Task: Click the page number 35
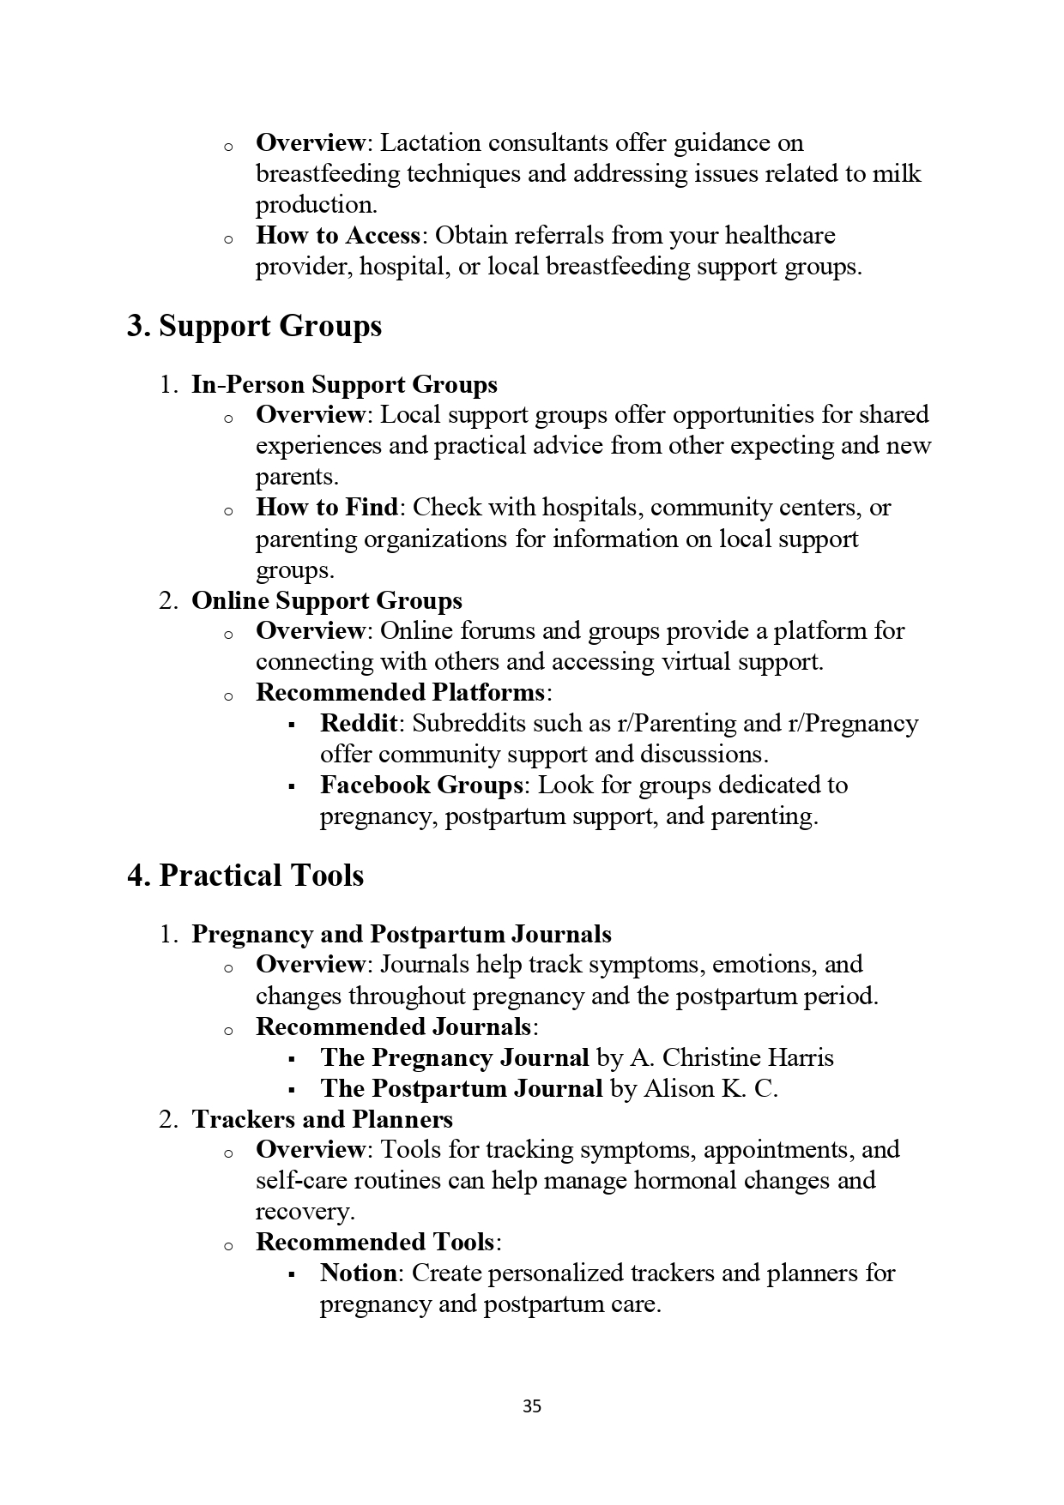tap(531, 1406)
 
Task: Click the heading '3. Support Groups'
tap(254, 327)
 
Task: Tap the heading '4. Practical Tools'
tap(245, 876)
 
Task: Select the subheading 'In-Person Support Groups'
tap(344, 384)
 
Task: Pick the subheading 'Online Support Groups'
tap(327, 600)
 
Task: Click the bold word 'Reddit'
tap(359, 723)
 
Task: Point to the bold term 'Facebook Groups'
tap(421, 785)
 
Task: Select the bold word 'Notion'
tap(359, 1273)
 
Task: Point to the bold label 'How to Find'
tap(327, 507)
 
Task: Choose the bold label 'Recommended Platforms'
tap(400, 692)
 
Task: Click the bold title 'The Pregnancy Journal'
tap(455, 1057)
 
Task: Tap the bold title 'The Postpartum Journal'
tap(461, 1088)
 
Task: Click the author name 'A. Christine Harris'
tap(732, 1057)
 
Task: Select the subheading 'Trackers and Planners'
tap(323, 1119)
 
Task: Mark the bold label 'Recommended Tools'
tap(376, 1242)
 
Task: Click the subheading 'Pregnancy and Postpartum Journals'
tap(402, 934)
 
